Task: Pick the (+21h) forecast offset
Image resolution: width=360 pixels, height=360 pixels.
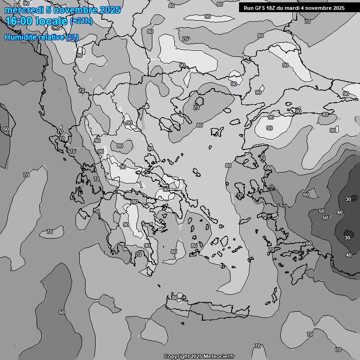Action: click(x=82, y=22)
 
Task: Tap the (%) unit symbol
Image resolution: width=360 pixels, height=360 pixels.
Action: click(x=73, y=37)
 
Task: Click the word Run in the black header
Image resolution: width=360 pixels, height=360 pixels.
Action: click(x=249, y=8)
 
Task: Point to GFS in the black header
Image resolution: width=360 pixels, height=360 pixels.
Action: click(x=262, y=8)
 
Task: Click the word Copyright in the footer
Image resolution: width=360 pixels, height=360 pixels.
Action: click(x=177, y=356)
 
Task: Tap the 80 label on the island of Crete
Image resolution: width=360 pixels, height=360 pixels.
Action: click(x=175, y=298)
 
